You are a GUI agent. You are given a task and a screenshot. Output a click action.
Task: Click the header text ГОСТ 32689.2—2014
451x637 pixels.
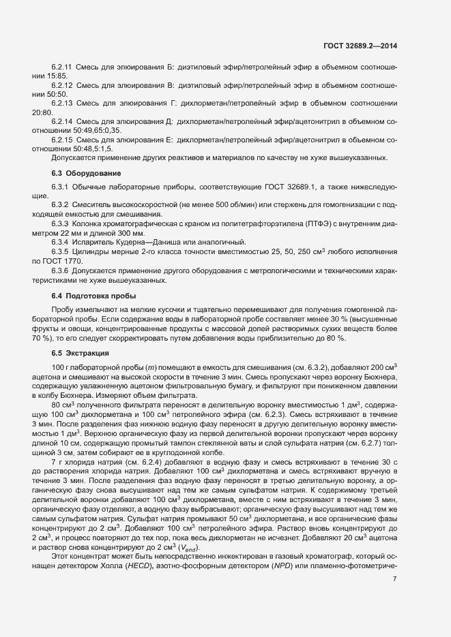(x=360, y=46)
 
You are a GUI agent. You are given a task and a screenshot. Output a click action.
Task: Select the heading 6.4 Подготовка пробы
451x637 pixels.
(x=94, y=296)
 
